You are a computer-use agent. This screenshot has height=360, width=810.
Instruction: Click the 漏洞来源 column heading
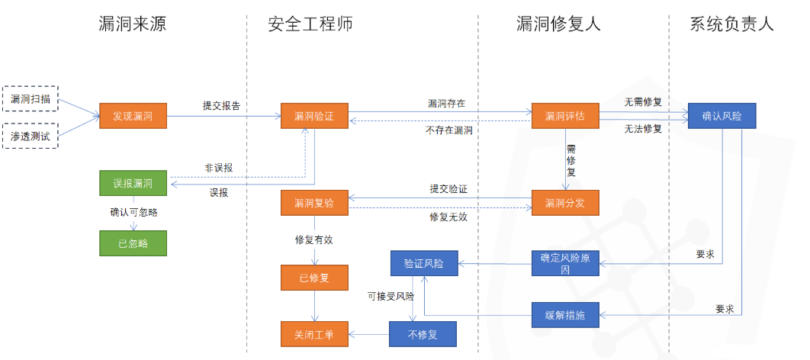pyautogui.click(x=132, y=24)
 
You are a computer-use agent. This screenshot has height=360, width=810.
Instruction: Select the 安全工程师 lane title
pyautogui.click(x=310, y=24)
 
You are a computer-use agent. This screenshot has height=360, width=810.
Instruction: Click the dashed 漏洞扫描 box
pyautogui.click(x=31, y=99)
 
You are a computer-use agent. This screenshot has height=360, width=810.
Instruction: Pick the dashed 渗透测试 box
pyautogui.click(x=31, y=136)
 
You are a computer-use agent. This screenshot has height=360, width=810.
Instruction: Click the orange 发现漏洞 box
pyautogui.click(x=133, y=117)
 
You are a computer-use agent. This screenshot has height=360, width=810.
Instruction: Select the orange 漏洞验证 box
pyautogui.click(x=314, y=117)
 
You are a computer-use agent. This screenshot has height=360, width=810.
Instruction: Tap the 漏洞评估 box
pyautogui.click(x=565, y=117)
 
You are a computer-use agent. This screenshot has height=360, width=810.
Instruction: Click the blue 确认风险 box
pyautogui.click(x=722, y=117)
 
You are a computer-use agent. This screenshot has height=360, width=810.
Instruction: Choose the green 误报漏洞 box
pyautogui.click(x=133, y=184)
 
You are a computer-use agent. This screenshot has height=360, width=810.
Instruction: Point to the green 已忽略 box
pyautogui.click(x=133, y=243)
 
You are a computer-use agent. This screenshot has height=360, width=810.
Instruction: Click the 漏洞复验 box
pyautogui.click(x=314, y=204)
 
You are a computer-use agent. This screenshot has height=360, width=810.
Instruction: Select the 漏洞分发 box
pyautogui.click(x=565, y=204)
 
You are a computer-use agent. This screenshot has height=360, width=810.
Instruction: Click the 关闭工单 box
pyautogui.click(x=314, y=333)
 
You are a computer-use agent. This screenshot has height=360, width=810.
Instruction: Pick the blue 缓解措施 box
pyautogui.click(x=565, y=313)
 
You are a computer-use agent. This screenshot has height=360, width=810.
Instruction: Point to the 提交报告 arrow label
pyautogui.click(x=221, y=106)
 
